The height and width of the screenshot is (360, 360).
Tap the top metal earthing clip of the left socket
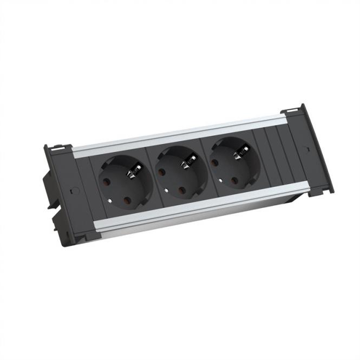point(130,173)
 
